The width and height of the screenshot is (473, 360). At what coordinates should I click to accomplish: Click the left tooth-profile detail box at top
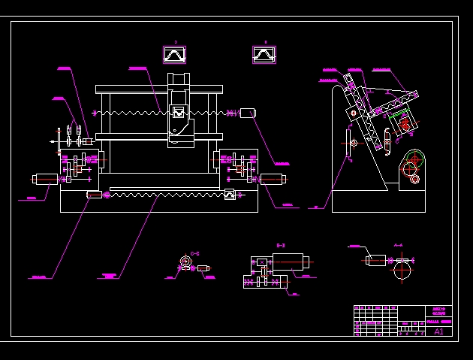pyautogui.click(x=174, y=55)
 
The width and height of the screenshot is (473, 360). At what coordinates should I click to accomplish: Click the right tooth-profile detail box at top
pyautogui.click(x=264, y=55)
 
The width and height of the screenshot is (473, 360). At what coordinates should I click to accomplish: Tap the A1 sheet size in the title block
pyautogui.click(x=439, y=331)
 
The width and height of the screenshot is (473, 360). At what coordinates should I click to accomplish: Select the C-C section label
pyautogui.click(x=194, y=253)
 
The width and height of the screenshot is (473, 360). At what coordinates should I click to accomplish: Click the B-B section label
pyautogui.click(x=281, y=246)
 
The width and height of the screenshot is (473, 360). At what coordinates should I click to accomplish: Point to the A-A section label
pyautogui.click(x=398, y=245)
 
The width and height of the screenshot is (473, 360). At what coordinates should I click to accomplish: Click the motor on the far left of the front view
pyautogui.click(x=46, y=179)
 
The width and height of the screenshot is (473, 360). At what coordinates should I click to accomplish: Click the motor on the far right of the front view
pyautogui.click(x=272, y=179)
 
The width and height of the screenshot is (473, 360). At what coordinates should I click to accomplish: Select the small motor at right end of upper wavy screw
pyautogui.click(x=248, y=113)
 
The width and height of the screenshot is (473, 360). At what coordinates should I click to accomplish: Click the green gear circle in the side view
pyautogui.click(x=414, y=159)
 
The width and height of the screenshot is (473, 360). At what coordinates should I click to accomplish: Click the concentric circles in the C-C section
pyautogui.click(x=185, y=262)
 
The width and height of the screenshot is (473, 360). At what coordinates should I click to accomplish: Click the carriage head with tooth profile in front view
pyautogui.click(x=179, y=113)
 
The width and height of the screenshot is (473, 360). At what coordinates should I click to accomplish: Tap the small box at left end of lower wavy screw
pyautogui.click(x=94, y=195)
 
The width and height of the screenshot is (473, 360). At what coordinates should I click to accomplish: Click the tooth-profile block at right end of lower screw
pyautogui.click(x=230, y=195)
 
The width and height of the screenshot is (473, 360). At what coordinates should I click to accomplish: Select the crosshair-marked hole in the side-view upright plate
pyautogui.click(x=354, y=142)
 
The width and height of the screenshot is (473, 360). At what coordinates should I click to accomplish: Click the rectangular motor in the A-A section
pyautogui.click(x=377, y=260)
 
